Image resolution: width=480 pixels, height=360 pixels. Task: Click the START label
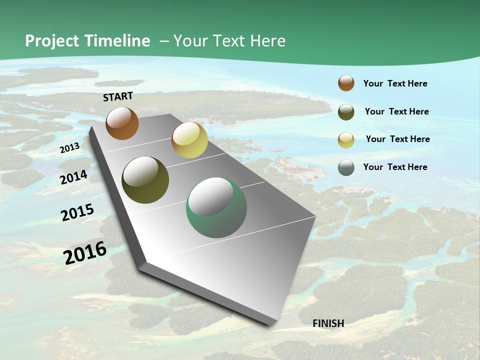pos(118,96)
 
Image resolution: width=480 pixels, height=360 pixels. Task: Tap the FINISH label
pos(328,323)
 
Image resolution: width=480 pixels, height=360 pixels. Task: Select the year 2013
pos(69,148)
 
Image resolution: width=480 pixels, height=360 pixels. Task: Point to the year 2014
pos(74,177)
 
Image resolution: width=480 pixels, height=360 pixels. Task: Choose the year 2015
pos(77,212)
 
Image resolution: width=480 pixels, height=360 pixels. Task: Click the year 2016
pos(85,252)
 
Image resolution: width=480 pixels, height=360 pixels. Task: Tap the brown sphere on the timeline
pos(122,123)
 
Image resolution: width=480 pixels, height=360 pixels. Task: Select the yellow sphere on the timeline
pos(189,140)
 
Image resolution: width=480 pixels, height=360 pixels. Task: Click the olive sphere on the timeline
pos(145,180)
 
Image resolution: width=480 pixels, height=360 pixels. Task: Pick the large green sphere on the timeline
pos(216,207)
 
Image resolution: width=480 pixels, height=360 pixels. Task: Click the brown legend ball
pos(346,83)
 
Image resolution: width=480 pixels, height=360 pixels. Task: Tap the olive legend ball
pos(346,112)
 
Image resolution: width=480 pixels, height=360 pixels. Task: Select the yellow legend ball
pos(346,140)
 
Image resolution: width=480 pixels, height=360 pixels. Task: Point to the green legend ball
pos(346,167)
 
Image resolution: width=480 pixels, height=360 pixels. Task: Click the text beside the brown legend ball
pos(395,83)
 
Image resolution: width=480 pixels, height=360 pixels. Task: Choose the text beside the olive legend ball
pos(396,111)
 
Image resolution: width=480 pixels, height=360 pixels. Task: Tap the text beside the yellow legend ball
pos(397,139)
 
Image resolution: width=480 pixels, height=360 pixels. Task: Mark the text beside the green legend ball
pos(395,167)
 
